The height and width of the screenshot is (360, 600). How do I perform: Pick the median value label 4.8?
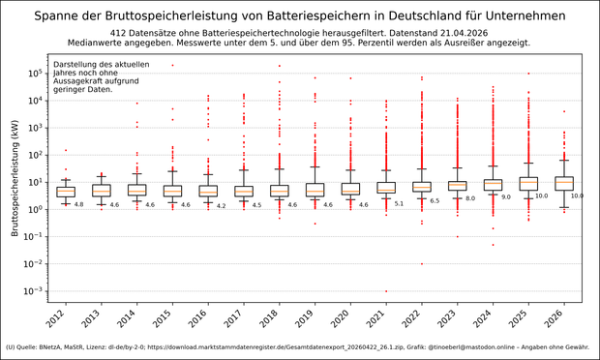(x=78, y=204)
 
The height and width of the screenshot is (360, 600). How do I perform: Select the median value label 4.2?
(x=221, y=205)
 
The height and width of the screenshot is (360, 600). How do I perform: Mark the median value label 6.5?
(x=434, y=201)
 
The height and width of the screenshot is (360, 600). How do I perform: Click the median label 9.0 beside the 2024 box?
(x=505, y=196)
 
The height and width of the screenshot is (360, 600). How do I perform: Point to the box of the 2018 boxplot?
(x=279, y=190)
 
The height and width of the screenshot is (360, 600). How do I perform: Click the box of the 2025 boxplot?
(x=527, y=183)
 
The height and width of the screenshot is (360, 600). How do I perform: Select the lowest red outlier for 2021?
(x=386, y=291)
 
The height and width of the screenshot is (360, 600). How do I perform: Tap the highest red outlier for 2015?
(x=172, y=65)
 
